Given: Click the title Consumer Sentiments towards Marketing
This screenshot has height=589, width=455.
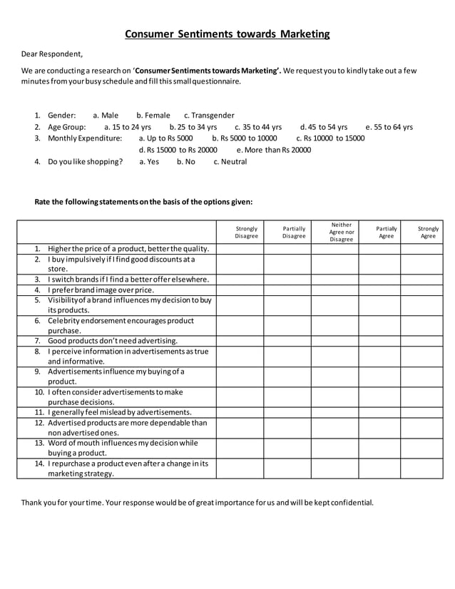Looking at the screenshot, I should pos(227,34).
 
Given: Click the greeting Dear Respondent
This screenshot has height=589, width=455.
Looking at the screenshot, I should pos(51,53).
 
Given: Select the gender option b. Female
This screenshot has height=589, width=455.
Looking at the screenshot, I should pos(153,115).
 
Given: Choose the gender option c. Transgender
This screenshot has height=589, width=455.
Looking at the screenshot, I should pos(209,115).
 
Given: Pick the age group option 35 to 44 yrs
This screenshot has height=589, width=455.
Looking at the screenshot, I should pos(258,127).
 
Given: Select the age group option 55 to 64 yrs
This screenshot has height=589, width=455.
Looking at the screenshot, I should pos(389,127).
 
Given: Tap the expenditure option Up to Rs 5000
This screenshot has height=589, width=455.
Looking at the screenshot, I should pos(165,138).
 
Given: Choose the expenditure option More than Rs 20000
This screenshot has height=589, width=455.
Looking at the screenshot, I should pos(274,150).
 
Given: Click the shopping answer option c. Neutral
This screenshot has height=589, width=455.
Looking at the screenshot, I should pos(230,162).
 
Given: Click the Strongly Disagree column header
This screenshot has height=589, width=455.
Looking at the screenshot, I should pos(247,232).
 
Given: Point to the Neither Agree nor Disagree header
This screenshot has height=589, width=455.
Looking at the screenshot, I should pos(342,232).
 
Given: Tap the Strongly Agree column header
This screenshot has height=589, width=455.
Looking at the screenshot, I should pos(428,232).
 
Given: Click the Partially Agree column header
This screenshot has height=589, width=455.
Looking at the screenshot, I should pos(386,232).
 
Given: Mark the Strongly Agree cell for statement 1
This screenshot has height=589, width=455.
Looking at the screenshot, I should pos(428,249).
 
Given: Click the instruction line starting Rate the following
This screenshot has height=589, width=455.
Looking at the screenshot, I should pos(143,202).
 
